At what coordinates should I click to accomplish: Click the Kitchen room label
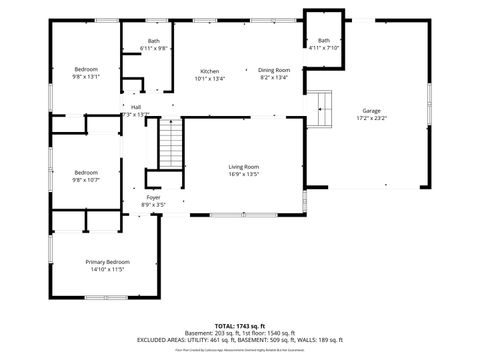point(209,71)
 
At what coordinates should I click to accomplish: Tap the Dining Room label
point(274,70)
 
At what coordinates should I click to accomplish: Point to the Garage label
point(371,110)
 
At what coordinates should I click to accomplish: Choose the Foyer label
point(154,198)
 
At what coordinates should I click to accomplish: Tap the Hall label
point(135,108)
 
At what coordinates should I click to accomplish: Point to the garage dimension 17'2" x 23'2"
point(371,118)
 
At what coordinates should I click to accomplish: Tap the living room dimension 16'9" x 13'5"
point(244,174)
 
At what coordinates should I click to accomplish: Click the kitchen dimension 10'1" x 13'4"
point(209,78)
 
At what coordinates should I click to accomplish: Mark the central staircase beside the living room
point(172,143)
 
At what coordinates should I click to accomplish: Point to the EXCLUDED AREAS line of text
point(240,340)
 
